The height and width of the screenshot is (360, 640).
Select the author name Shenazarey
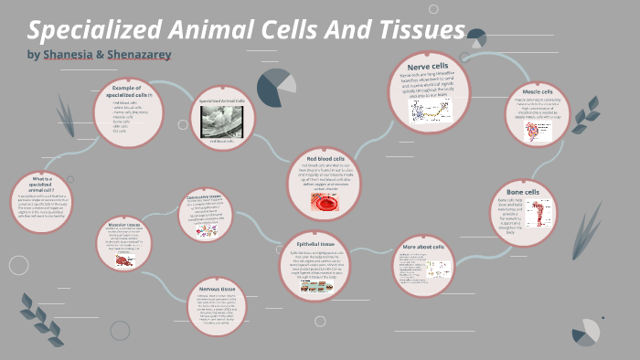click(139, 55)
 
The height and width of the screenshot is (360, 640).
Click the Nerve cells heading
click(429, 66)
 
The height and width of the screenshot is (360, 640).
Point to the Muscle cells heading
click(538, 91)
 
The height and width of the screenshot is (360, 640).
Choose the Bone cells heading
click(524, 192)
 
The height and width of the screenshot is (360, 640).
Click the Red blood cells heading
click(325, 159)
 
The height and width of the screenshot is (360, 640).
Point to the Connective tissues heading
click(205, 196)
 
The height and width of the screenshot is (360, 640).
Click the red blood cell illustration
click(325, 203)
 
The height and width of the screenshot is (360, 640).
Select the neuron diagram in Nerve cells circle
click(430, 110)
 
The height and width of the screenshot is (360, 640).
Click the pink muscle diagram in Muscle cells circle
click(531, 132)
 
